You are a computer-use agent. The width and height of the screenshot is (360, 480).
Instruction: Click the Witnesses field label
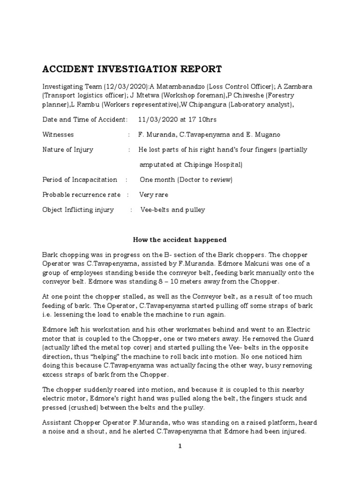(x=58, y=135)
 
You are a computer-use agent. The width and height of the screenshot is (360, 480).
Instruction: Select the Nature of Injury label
(x=68, y=150)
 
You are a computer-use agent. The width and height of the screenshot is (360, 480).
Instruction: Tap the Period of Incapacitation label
(x=80, y=180)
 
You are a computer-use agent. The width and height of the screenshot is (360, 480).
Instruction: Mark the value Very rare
(x=154, y=195)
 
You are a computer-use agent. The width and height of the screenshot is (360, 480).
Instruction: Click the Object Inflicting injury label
(x=78, y=210)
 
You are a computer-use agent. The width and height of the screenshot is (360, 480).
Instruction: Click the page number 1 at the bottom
(x=179, y=446)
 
